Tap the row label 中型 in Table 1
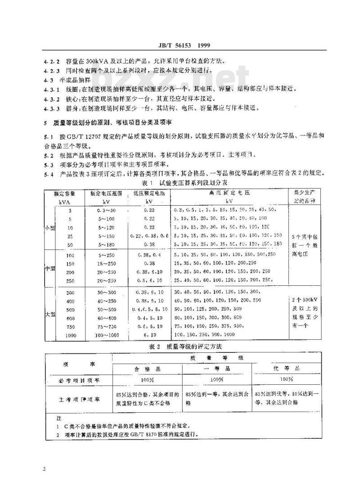(x=49, y=268)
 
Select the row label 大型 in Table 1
(x=49, y=315)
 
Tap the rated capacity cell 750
(x=70, y=326)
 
